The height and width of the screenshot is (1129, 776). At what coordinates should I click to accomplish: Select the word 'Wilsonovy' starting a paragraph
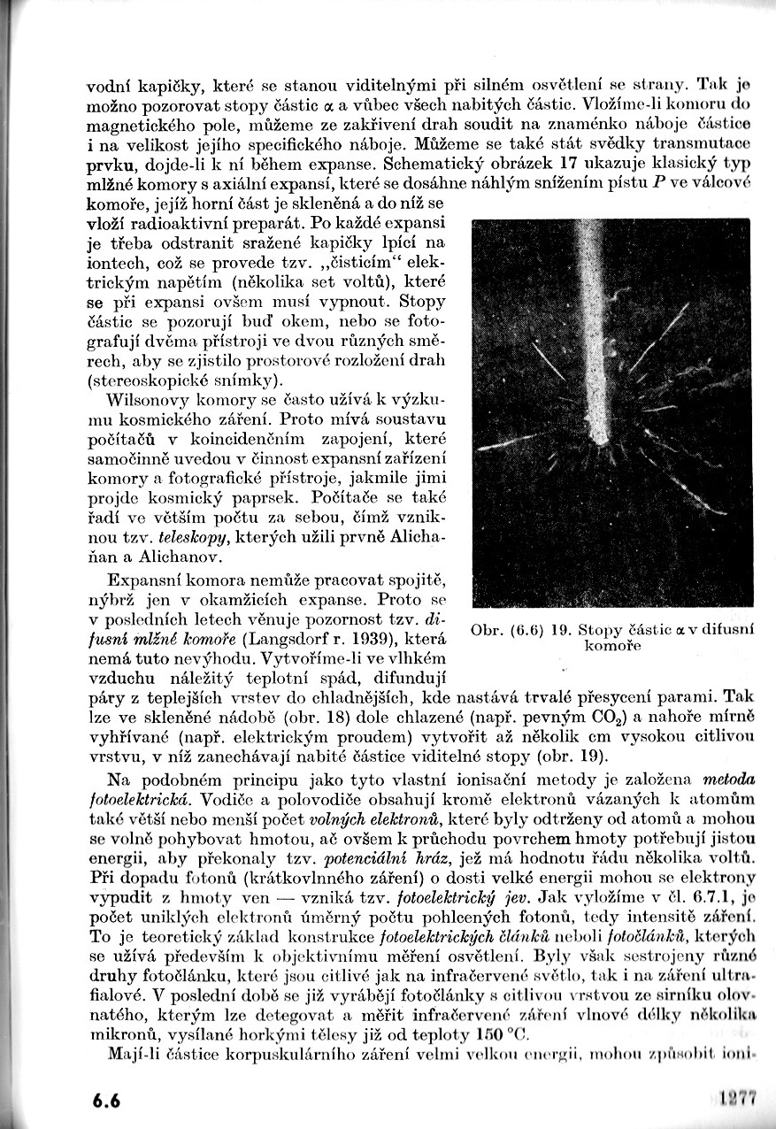tap(144, 399)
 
